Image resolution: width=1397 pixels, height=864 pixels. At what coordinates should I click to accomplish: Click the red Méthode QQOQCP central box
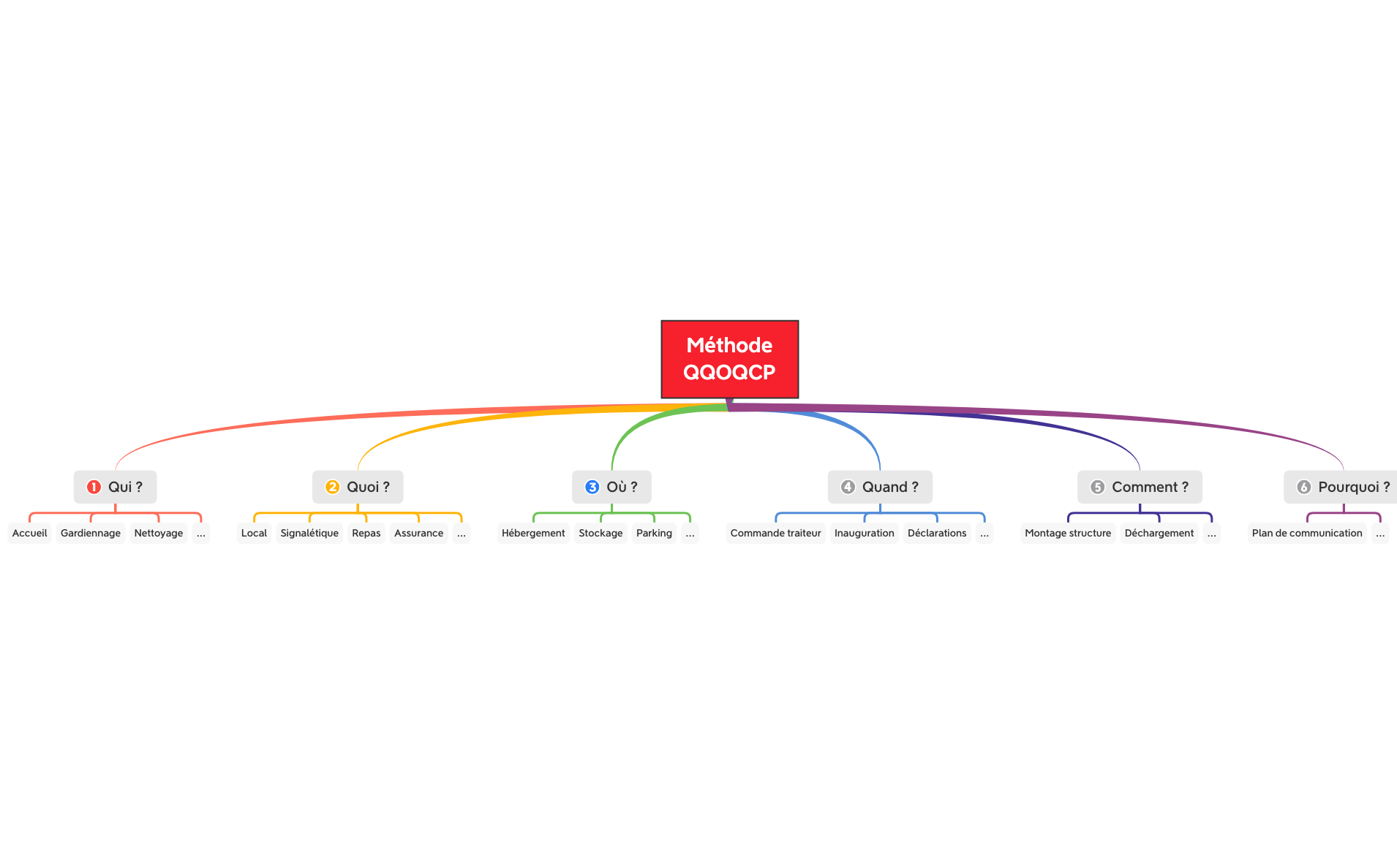pyautogui.click(x=729, y=359)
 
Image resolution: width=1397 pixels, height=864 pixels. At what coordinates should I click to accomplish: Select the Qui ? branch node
pyautogui.click(x=116, y=487)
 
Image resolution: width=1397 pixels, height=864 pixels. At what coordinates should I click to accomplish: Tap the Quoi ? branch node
pyautogui.click(x=358, y=487)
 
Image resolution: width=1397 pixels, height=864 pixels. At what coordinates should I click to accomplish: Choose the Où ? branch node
pyautogui.click(x=612, y=487)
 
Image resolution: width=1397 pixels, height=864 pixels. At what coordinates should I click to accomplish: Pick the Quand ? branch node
pyautogui.click(x=880, y=487)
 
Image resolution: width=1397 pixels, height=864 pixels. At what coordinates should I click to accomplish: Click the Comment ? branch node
pyautogui.click(x=1140, y=487)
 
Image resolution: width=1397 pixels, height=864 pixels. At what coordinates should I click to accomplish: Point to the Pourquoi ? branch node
pyautogui.click(x=1343, y=487)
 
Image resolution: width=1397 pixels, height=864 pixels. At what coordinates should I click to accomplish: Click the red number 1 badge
pyautogui.click(x=94, y=487)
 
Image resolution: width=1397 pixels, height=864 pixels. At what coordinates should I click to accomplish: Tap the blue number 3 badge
pyautogui.click(x=592, y=487)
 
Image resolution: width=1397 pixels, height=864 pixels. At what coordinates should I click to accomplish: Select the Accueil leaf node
pyautogui.click(x=30, y=533)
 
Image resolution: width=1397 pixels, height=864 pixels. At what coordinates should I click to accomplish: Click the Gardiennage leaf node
pyautogui.click(x=91, y=533)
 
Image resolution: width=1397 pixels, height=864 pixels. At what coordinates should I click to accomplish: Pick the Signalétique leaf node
pyautogui.click(x=309, y=533)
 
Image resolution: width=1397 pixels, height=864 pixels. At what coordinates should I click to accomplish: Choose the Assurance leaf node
pyautogui.click(x=418, y=533)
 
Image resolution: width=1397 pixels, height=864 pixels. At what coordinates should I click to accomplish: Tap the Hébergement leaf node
pyautogui.click(x=533, y=533)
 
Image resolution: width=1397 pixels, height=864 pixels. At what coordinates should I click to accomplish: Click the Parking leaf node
pyautogui.click(x=654, y=533)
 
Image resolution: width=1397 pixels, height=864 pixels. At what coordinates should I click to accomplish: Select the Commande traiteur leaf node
pyautogui.click(x=775, y=533)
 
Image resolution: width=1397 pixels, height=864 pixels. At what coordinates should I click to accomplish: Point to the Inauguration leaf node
pyautogui.click(x=864, y=533)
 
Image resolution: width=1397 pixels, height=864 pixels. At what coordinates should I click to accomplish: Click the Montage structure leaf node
pyautogui.click(x=1068, y=533)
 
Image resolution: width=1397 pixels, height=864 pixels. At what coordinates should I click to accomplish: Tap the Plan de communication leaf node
pyautogui.click(x=1307, y=533)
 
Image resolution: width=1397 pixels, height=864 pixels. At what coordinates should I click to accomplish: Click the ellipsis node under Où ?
pyautogui.click(x=690, y=534)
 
